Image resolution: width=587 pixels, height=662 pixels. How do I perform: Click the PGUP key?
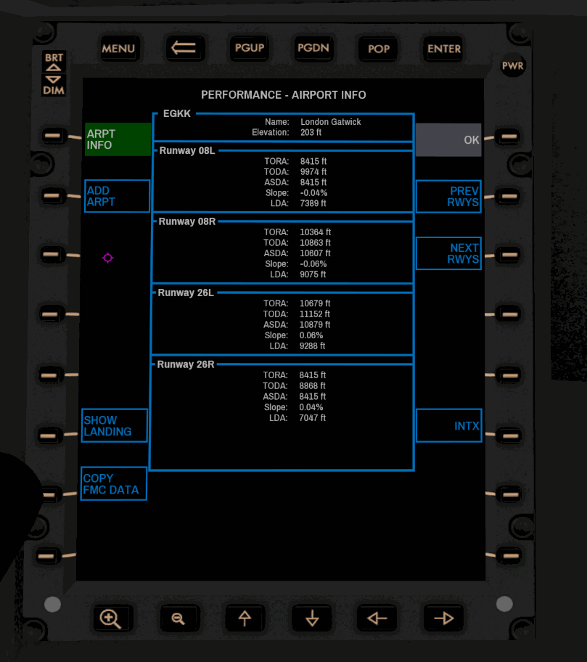pos(250,48)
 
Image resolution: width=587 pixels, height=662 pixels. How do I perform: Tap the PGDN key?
pos(313,48)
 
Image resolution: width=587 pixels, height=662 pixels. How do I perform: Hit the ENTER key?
pos(444,49)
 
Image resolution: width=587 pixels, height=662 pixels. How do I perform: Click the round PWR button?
pos(513,66)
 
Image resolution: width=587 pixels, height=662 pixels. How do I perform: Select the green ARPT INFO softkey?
pos(118,139)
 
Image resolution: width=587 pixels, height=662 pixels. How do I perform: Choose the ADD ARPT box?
pos(117,196)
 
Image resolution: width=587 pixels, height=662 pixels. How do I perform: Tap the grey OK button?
pos(448,140)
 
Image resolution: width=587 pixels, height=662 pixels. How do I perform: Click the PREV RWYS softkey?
pos(448,197)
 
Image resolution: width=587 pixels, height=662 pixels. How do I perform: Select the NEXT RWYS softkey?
pos(448,253)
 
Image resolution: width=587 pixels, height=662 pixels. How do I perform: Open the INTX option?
pos(448,426)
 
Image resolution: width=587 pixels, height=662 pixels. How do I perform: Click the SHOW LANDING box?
pos(115,425)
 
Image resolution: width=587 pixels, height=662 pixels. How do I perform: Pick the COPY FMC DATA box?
pos(114,483)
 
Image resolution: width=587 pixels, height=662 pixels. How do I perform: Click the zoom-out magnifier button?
pos(178,618)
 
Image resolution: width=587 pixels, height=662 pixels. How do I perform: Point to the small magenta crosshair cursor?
pos(107,258)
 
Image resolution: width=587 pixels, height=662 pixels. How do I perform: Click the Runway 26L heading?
pos(186,293)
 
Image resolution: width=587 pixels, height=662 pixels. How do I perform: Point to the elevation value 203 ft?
pos(311,133)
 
